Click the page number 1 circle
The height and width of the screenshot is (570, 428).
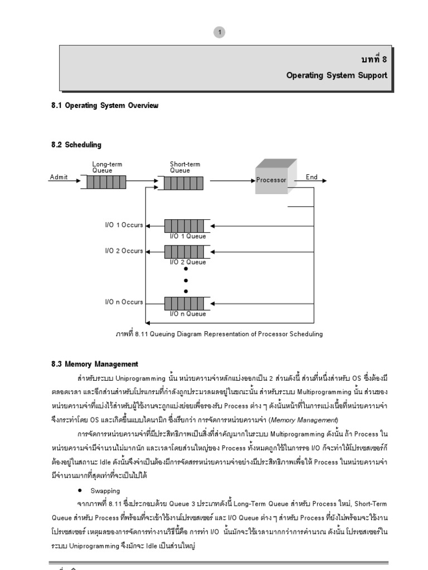[221, 33]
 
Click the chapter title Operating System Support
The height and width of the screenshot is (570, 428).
[337, 75]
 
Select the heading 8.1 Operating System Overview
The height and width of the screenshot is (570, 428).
[105, 106]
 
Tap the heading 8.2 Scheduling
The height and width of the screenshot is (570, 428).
[76, 145]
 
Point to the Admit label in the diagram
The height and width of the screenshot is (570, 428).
[59, 177]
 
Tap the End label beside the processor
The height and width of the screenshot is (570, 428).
[312, 177]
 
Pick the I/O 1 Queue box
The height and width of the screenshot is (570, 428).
[188, 226]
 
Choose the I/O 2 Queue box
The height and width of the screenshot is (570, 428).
[188, 252]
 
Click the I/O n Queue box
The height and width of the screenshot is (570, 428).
[188, 303]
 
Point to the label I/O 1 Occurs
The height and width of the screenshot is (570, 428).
[124, 225]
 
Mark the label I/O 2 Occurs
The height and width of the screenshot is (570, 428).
[124, 250]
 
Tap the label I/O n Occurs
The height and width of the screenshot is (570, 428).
[124, 302]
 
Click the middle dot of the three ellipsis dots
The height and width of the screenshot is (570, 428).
[186, 280]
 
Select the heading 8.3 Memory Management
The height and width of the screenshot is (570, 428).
[95, 365]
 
